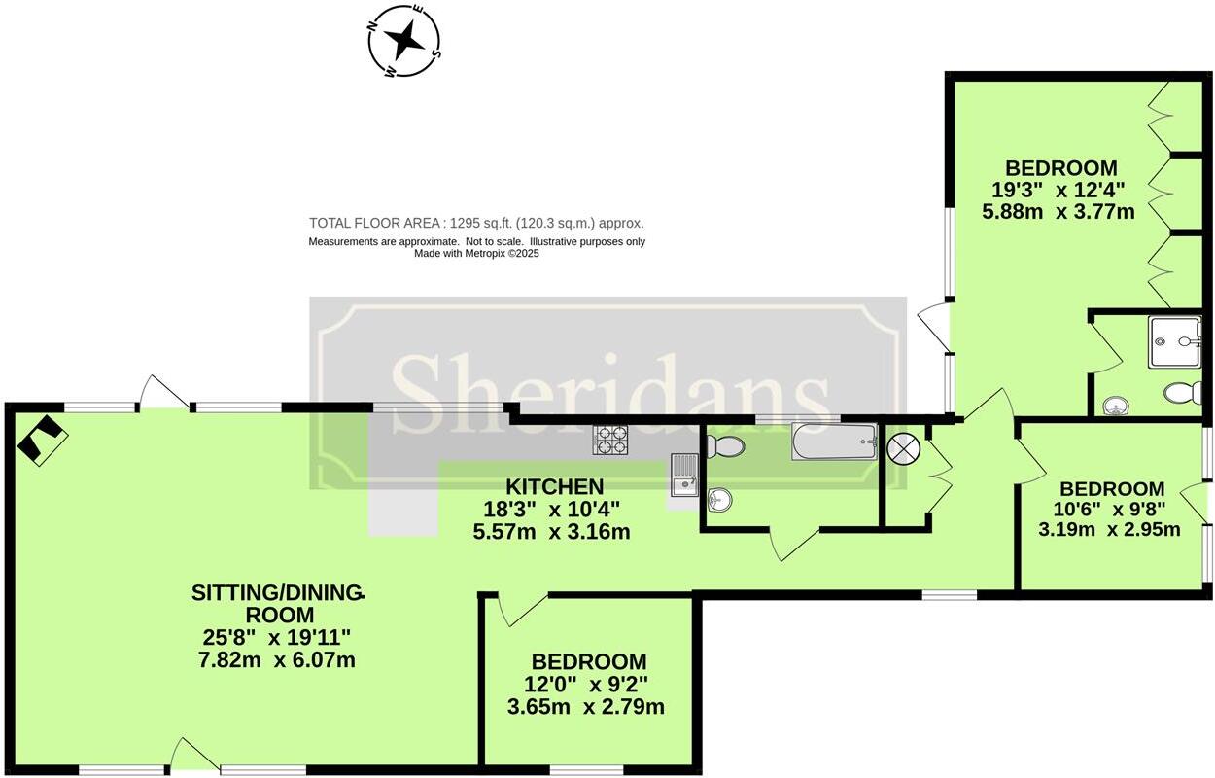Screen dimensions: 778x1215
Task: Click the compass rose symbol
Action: tap(404, 40)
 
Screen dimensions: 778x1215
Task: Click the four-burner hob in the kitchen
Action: tap(610, 441)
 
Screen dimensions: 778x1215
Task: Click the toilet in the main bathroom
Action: tap(726, 446)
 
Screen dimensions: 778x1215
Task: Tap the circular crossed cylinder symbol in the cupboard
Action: tap(904, 448)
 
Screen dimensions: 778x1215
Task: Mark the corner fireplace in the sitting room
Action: tap(42, 440)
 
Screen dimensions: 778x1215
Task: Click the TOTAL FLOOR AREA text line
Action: tap(476, 223)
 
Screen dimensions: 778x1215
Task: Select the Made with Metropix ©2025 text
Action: tap(476, 254)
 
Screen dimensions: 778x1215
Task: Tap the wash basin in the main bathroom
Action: tap(719, 500)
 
